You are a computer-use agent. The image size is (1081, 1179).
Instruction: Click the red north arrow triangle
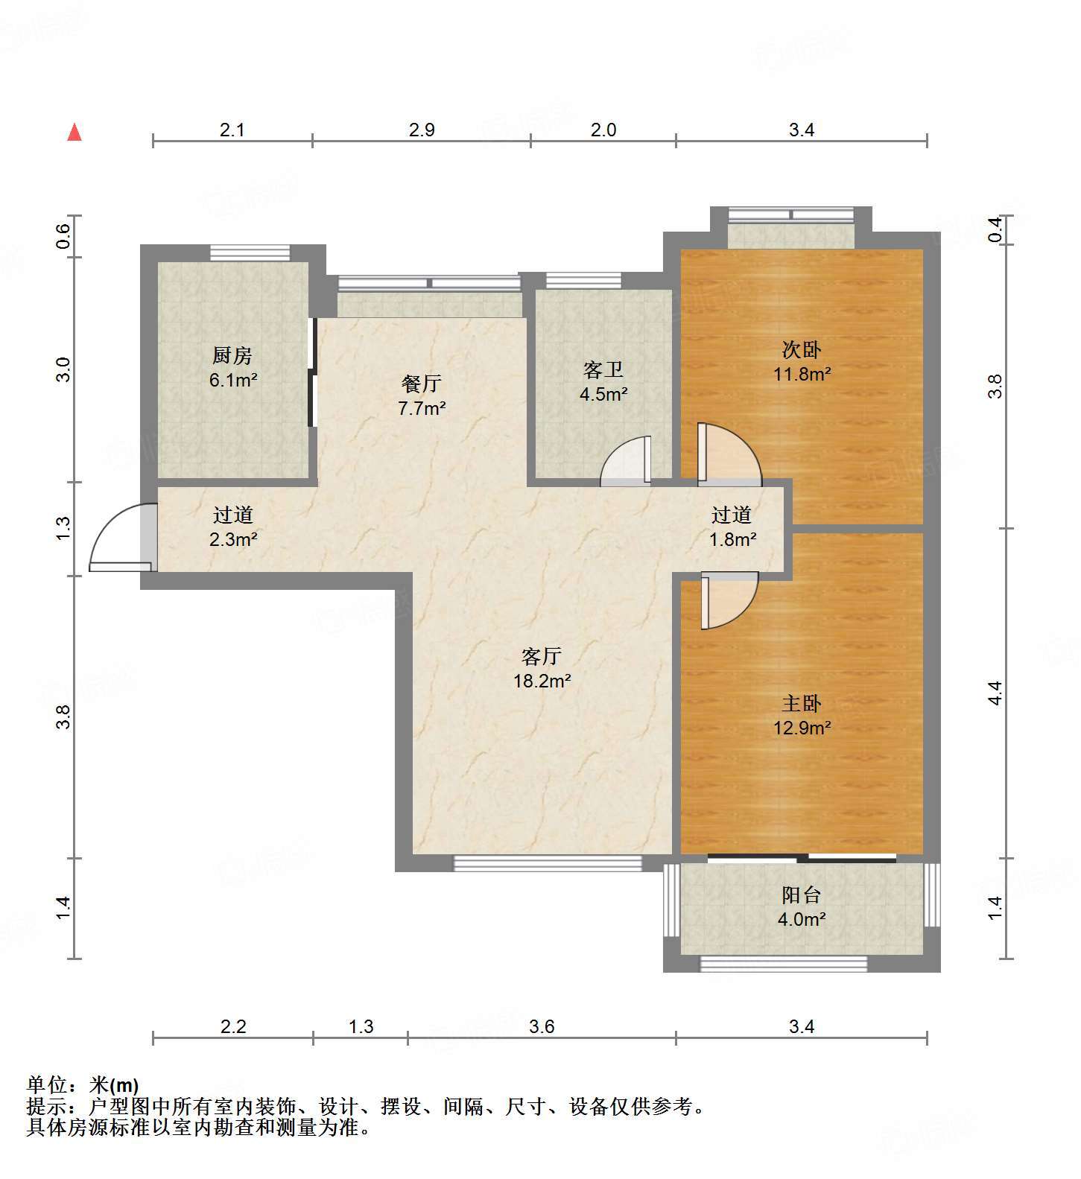pos(75,133)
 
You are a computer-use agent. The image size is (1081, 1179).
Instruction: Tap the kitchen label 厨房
pos(232,355)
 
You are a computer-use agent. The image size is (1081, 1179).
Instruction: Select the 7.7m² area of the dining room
pos(422,407)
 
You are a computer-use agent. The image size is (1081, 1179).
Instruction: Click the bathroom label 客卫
pos(603,369)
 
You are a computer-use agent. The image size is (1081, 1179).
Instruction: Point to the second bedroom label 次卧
pos(802,349)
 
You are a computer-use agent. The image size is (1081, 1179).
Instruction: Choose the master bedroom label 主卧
pos(802,702)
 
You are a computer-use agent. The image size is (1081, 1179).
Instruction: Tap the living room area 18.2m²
pos(542,680)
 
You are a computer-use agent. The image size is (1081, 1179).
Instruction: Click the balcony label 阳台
pos(802,894)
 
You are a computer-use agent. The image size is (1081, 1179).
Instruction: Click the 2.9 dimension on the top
pos(422,130)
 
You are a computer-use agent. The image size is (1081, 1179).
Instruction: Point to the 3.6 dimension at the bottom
pos(542,1026)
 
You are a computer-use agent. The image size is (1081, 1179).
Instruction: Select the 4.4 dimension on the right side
pos(995,693)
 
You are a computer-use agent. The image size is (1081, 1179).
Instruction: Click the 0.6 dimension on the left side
pos(63,236)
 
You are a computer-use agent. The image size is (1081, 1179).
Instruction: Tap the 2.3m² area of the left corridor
pos(233,538)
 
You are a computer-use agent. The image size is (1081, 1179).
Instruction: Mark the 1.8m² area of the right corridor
pos(733,538)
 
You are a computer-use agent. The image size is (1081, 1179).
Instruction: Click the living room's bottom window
pos(548,863)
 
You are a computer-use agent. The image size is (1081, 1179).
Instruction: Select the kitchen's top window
pos(250,252)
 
